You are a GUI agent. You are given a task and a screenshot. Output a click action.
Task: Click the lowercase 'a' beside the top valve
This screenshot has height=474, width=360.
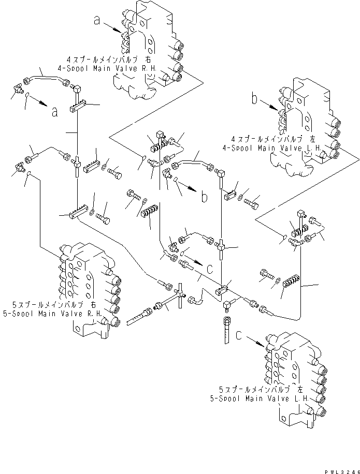(96, 20)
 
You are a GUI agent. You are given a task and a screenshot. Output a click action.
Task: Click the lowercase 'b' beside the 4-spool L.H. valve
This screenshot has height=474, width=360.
(254, 98)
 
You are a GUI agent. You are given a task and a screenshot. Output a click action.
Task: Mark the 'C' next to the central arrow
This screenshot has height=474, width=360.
(208, 268)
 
